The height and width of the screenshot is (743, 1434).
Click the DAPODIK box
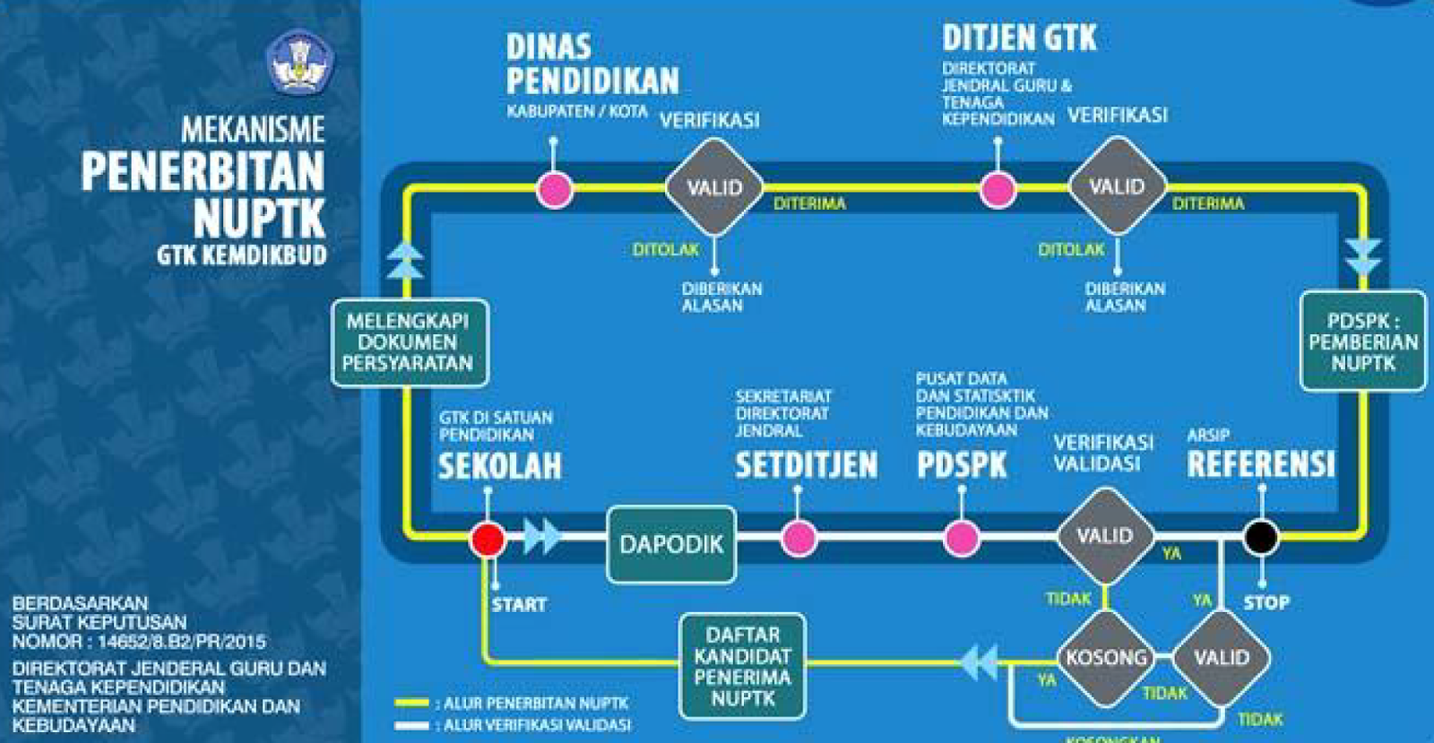coord(671,544)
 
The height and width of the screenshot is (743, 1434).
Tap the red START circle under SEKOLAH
coord(488,540)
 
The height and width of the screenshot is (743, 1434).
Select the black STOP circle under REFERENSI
coord(1261,537)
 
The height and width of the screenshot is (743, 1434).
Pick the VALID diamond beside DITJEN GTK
coord(1117,187)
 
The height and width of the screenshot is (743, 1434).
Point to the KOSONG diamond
coord(1106,658)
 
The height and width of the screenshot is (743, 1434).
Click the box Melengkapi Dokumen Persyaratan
coord(409,342)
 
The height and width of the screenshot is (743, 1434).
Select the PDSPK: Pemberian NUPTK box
coord(1362,341)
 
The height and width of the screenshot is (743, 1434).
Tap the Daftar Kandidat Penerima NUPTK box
coord(742,666)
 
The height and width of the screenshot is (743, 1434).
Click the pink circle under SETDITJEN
coord(799,539)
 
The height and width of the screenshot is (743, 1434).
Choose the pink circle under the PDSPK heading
coord(962,539)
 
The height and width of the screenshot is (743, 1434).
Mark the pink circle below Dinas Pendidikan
coord(555,189)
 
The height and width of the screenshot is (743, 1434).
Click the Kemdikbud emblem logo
coord(299,62)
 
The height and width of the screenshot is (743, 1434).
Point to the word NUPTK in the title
coord(259,218)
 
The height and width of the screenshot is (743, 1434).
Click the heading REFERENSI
coord(1260,463)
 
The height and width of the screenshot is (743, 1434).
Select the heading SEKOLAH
coord(499,466)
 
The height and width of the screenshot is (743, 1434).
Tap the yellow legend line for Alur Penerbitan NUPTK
coord(411,703)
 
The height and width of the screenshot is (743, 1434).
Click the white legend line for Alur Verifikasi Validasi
coord(411,725)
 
